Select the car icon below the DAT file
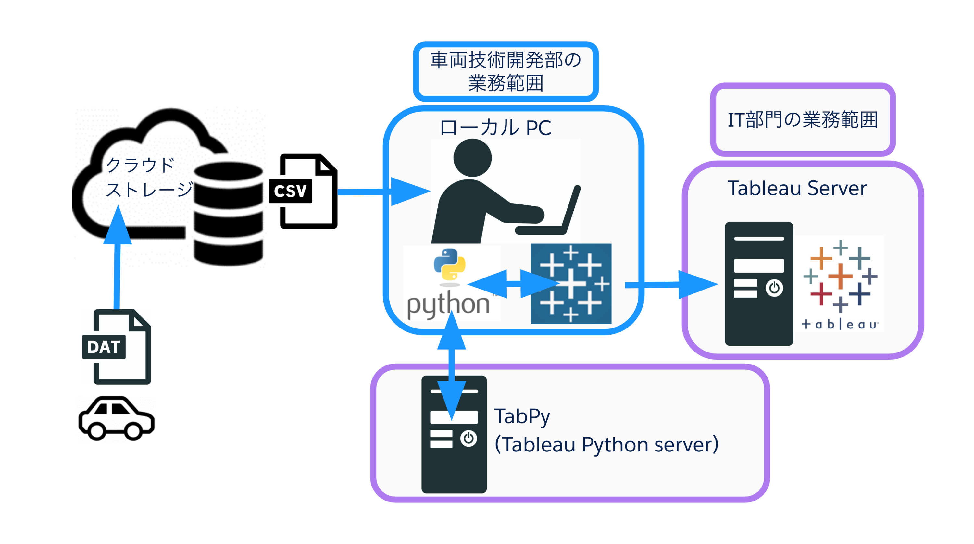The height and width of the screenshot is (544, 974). pos(116,419)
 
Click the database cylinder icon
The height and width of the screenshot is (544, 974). pos(228,214)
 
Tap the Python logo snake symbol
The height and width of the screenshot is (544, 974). pos(450,265)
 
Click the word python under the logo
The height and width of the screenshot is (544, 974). pos(448,304)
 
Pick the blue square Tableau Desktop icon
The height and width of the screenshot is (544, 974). pos(571,284)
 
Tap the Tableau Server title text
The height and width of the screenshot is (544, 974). pos(797,188)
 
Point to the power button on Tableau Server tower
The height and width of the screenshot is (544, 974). pos(774,288)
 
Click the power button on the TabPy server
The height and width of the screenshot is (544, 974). pos(468,439)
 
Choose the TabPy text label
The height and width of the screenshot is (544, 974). pos(522,416)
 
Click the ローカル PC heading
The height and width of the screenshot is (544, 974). pos(495,128)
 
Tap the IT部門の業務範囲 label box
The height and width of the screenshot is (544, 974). pos(802,120)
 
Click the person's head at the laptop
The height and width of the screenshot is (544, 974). pos(472,158)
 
